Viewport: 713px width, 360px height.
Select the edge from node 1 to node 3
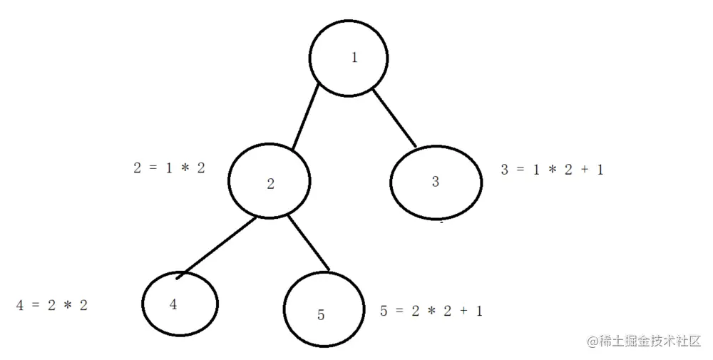394,117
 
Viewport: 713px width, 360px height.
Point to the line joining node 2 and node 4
218,245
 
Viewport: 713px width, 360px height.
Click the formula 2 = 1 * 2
169,168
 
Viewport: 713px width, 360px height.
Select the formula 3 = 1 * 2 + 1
552,170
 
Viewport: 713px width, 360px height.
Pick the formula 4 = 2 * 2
52,305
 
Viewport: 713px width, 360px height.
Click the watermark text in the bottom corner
645,341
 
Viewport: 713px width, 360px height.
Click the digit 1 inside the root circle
354,58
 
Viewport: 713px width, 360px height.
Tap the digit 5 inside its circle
321,315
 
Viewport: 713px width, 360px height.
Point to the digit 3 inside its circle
435,180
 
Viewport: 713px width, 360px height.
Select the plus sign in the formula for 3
582,170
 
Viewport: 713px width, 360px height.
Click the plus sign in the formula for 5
461,311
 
